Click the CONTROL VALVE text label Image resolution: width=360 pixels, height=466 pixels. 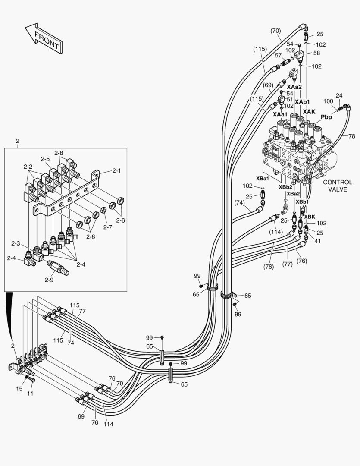tap(337, 186)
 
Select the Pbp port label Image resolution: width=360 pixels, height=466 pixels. tap(326, 117)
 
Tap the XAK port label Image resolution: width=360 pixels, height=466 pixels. tap(309, 112)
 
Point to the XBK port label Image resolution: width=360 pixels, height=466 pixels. tap(309, 217)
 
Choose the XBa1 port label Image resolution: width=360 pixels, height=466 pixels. tap(263, 178)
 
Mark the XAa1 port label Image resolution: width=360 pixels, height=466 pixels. tap(280, 114)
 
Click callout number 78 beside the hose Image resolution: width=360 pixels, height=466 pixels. tap(351, 136)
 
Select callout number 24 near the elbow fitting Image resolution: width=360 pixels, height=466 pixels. tap(339, 95)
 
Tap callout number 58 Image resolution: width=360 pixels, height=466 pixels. tap(316, 53)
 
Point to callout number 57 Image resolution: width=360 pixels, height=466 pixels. tap(279, 56)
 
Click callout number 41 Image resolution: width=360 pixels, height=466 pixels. tap(317, 241)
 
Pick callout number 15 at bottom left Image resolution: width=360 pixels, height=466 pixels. tap(19, 388)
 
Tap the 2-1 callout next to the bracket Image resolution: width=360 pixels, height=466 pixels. tap(116, 170)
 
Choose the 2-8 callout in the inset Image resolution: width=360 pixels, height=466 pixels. tap(59, 153)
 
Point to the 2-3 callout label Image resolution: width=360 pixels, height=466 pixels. tap(15, 244)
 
